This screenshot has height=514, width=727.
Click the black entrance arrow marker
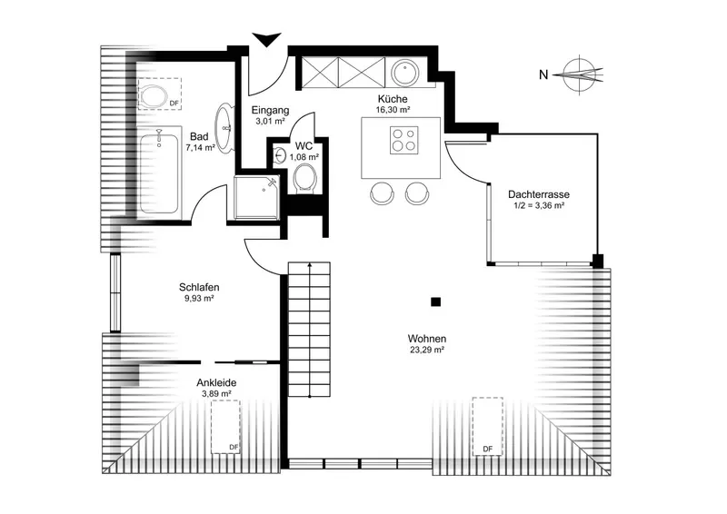tap(266, 39)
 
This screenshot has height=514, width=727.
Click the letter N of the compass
tap(543, 74)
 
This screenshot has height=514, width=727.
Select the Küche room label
tap(393, 99)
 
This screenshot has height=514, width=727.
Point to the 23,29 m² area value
tap(427, 350)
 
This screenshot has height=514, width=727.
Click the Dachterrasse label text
tap(539, 194)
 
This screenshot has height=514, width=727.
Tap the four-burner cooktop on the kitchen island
tap(403, 140)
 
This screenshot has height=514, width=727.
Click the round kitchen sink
tap(405, 73)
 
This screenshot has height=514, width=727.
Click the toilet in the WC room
tap(304, 179)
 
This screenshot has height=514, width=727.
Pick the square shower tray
tap(257, 197)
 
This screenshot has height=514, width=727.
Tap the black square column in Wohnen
tap(435, 302)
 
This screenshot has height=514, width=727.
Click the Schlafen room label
tap(199, 287)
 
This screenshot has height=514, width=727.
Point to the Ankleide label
tap(216, 383)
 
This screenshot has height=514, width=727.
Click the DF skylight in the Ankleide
tap(225, 427)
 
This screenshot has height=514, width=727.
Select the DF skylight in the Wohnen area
tap(487, 426)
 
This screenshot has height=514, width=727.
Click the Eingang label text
tap(270, 110)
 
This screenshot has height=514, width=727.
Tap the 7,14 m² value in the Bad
tap(200, 148)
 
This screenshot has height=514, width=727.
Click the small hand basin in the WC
tap(279, 155)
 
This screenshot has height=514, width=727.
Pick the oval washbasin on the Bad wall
tap(224, 127)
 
